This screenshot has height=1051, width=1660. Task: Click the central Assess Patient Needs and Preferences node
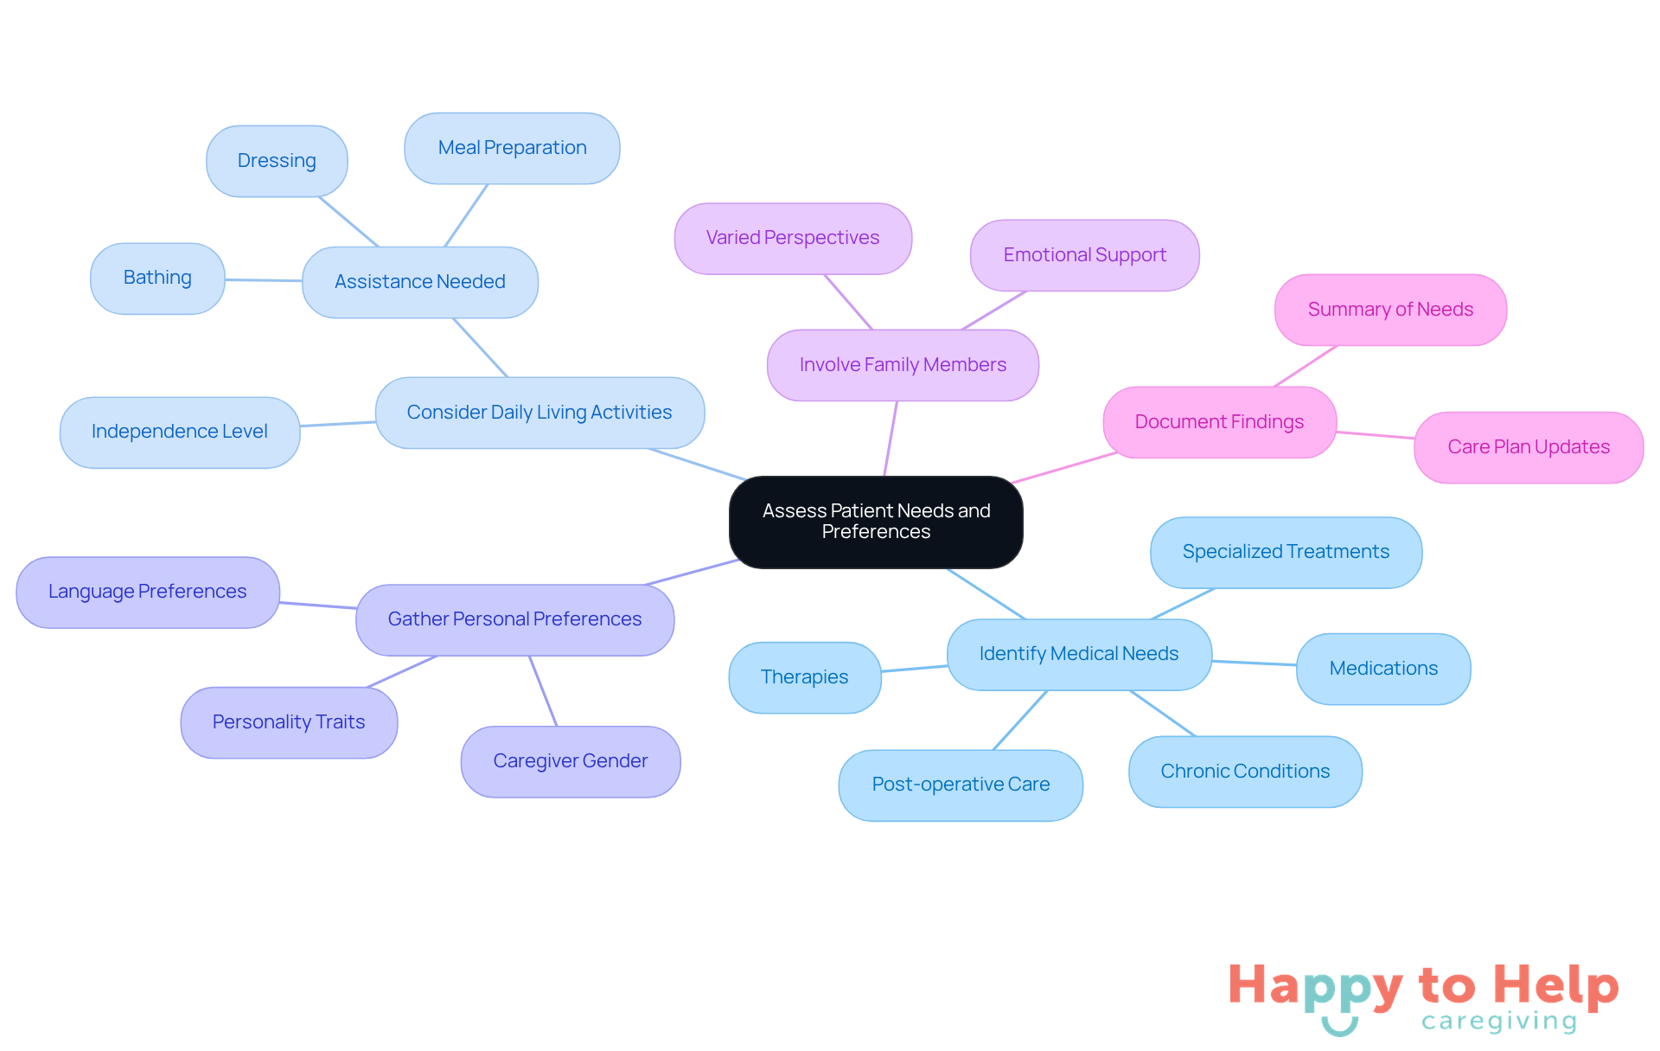click(876, 522)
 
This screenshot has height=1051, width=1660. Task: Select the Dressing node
click(277, 161)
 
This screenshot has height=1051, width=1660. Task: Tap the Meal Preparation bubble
click(512, 148)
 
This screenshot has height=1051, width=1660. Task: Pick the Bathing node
click(157, 278)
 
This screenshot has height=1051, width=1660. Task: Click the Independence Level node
click(180, 432)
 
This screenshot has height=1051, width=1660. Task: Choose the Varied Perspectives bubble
click(793, 238)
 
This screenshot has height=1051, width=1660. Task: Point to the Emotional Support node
click(1084, 255)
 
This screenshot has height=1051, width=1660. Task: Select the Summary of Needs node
click(1390, 310)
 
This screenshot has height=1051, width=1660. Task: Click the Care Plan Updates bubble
click(1529, 447)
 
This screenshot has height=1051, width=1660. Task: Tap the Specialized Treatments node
click(1286, 552)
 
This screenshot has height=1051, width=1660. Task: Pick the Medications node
click(1383, 669)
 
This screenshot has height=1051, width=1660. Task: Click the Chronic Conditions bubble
click(1245, 772)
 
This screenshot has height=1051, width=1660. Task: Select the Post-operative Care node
click(961, 785)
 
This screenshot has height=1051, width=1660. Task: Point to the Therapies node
click(804, 677)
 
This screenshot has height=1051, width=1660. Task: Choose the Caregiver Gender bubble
click(571, 761)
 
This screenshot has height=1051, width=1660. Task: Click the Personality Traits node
click(289, 722)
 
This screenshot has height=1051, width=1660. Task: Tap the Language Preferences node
click(148, 592)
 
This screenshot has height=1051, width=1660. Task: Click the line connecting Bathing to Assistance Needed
click(264, 280)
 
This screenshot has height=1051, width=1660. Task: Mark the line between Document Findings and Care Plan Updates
click(1376, 434)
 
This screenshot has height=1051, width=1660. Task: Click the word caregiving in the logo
click(1499, 1022)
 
